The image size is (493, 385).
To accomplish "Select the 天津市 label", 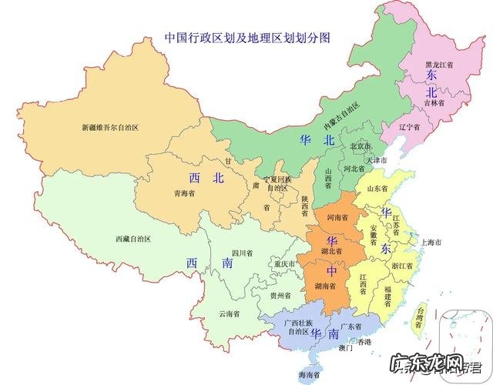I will [x=380, y=160].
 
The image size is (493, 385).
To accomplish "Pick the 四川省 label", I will [x=240, y=253].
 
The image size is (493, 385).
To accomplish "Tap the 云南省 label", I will [x=229, y=314].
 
